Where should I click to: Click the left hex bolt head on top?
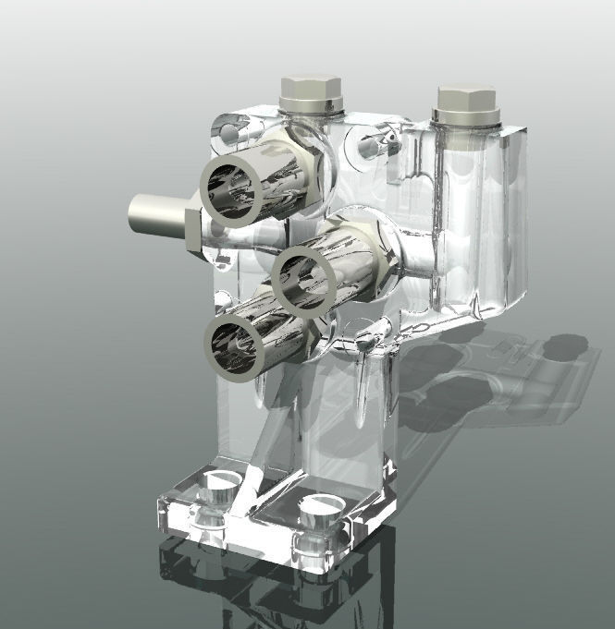pos(311,88)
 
